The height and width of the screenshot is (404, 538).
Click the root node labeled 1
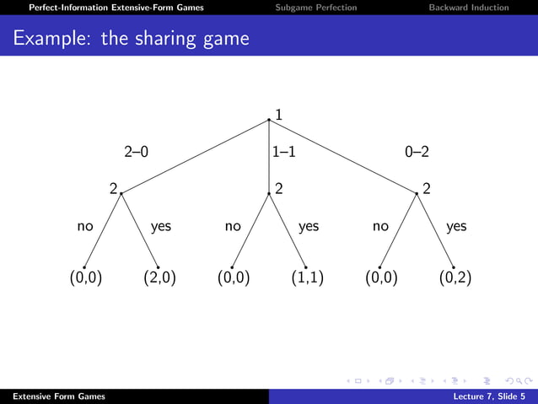(269, 120)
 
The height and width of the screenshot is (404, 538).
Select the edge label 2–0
(136, 153)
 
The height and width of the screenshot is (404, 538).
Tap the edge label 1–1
(283, 153)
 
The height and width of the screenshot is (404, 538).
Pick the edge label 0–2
(417, 153)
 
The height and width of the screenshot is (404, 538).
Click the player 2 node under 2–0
(121, 193)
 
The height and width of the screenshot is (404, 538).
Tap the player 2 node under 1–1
(269, 193)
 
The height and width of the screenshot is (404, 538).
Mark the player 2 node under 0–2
(417, 193)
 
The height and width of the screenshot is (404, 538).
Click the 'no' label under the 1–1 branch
(234, 226)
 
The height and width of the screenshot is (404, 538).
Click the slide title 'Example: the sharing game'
(132, 39)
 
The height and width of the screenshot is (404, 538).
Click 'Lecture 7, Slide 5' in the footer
(488, 396)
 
